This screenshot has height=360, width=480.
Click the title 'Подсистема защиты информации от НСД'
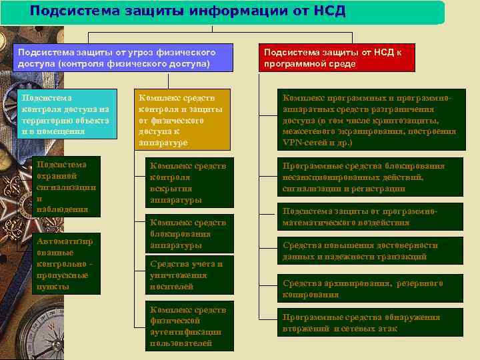pos(187,11)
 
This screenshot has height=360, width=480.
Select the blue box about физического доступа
pos(123,57)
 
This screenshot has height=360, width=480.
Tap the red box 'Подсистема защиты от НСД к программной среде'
pos(336,57)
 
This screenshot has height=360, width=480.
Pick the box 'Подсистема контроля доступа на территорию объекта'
pos(65,113)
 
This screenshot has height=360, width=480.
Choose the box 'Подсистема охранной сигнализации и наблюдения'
pos(66,186)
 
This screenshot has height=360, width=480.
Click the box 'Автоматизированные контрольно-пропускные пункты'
pos(66,263)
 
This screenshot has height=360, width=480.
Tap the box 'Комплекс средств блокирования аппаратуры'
pos(190,234)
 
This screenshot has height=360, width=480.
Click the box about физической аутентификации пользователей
pos(190,327)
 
